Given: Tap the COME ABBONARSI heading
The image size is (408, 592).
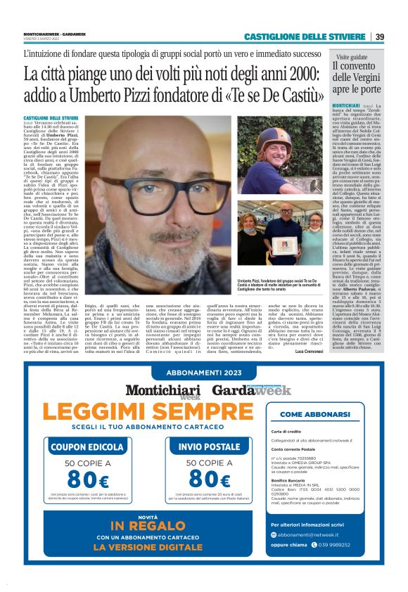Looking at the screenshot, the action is point(326,415).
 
